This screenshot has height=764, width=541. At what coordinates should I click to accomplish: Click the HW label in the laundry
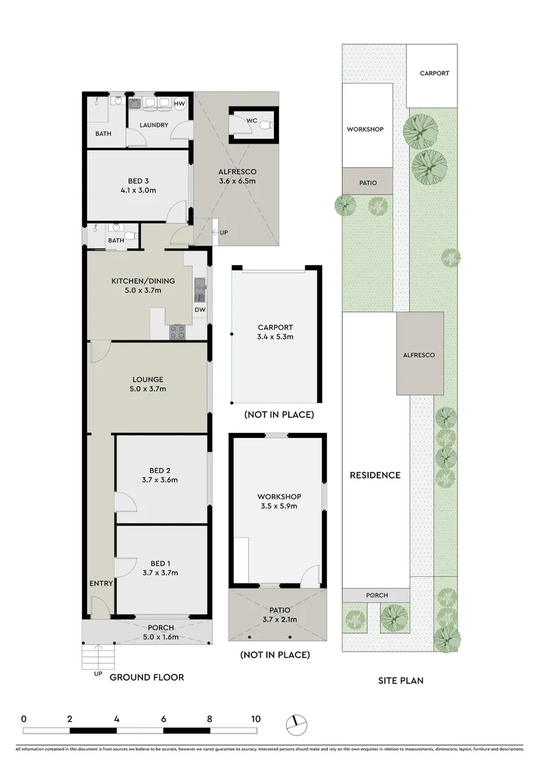(180, 105)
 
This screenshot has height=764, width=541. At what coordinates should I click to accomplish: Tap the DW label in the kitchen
(200, 310)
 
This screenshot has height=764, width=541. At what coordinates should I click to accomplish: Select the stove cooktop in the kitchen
(177, 331)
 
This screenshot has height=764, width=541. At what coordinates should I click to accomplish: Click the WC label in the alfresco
(251, 120)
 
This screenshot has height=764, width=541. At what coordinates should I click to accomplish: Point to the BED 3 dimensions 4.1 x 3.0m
(139, 190)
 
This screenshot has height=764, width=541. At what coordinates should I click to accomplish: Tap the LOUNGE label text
(148, 380)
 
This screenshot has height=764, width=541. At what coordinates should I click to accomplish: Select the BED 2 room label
(159, 470)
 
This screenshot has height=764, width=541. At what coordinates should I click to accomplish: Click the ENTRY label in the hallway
(101, 584)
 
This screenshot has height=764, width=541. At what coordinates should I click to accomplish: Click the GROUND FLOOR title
(147, 677)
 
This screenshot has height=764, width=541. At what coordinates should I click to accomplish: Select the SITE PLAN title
(401, 681)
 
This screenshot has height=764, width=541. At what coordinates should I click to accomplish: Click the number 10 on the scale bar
(254, 719)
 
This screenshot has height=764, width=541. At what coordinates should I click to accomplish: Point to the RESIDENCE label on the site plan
(375, 475)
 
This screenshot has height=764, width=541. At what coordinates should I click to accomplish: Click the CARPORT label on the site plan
(434, 74)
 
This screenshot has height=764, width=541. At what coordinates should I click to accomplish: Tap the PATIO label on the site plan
(368, 183)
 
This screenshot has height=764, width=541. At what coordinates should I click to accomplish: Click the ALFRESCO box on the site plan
(419, 354)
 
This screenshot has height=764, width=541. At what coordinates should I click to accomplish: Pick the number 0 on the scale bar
(24, 719)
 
